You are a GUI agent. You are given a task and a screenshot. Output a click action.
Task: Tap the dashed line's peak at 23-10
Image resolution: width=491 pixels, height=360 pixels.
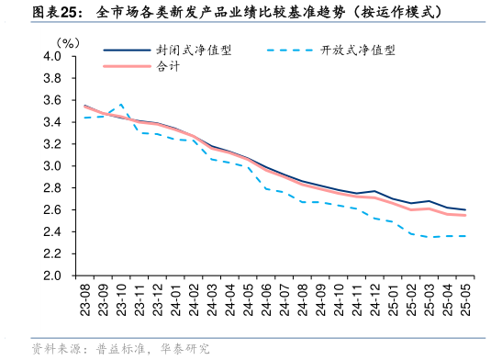pyautogui.click(x=121, y=104)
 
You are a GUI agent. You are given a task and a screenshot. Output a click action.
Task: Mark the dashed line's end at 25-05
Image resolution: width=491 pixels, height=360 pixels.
pyautogui.click(x=463, y=236)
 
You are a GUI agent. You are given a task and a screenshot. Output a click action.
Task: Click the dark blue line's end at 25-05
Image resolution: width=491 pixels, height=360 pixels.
pyautogui.click(x=463, y=209)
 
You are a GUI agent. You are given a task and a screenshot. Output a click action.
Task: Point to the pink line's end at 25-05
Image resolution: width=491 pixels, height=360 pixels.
pyautogui.click(x=463, y=215)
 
